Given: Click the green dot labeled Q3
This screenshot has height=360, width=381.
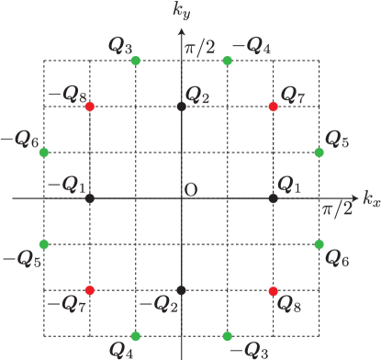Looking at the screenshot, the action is coord(136,61).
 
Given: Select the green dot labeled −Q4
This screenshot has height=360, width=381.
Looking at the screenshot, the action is coord(228,61).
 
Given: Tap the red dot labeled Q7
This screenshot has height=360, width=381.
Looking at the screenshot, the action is coord(274,107).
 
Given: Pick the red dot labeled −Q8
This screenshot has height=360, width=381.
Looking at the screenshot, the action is coord(89,107).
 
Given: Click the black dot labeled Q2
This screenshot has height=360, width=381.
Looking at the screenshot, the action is coord(182,107).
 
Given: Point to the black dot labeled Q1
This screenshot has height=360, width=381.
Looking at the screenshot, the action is coord(274,198).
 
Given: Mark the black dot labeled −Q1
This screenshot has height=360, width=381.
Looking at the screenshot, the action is coord(89,198).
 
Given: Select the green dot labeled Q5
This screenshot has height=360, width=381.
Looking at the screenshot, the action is coord(319,152).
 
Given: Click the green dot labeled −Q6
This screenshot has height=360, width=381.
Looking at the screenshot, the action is coord(43,152).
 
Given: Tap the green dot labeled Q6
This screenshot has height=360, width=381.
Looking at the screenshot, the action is coord(319,244).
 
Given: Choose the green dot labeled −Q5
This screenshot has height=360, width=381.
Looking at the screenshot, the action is coord(43,244).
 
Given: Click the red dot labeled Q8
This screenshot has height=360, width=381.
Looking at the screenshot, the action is coord(274,290).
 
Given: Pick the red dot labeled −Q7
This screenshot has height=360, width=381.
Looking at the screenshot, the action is coord(89,290).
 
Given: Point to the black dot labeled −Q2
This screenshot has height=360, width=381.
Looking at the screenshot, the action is coord(182,290).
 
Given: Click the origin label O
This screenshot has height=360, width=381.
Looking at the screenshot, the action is coord(191,189).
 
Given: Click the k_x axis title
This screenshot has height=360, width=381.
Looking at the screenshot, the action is coord(371,198).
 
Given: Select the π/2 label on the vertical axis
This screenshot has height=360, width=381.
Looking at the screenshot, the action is coord(199,47).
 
